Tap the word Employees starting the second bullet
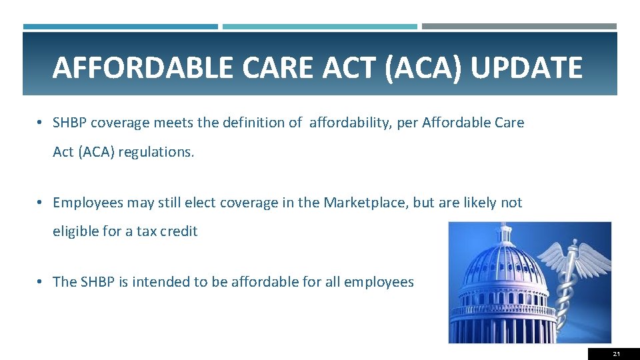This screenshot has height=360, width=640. tap(86, 203)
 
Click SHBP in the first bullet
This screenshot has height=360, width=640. tap(70, 123)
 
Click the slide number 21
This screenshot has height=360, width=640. tap(615, 354)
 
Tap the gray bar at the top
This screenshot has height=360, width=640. tap(519, 27)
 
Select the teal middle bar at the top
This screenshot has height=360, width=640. tap(319, 27)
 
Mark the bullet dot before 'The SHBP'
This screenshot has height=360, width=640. tap(40, 282)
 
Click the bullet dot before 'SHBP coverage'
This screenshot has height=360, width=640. tap(40, 123)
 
